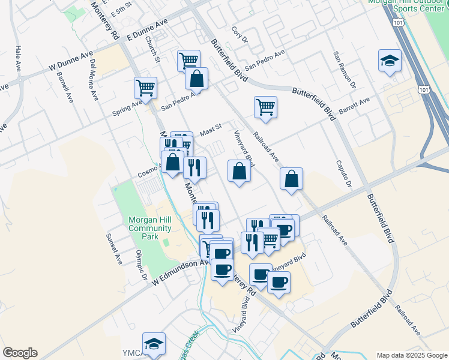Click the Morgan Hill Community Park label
[150, 228]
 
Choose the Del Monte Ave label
[94, 79]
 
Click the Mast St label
[211, 128]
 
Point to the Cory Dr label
[240, 35]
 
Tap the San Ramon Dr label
[345, 68]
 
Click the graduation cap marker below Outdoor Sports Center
[390, 61]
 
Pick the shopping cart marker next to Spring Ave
[146, 88]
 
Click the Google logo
[20, 353]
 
